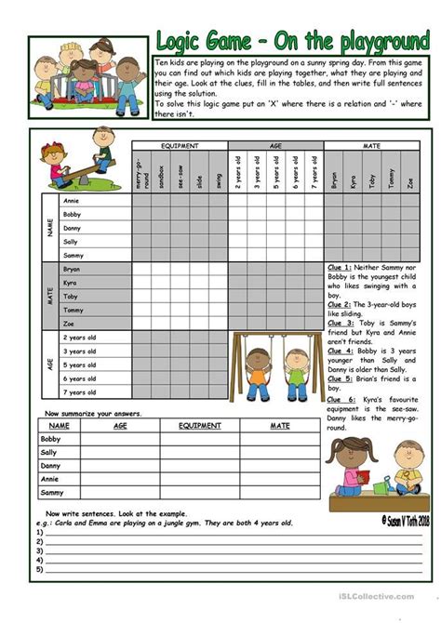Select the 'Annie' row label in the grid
pos(70,200)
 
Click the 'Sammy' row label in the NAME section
pos(73,255)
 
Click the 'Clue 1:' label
pos(341,268)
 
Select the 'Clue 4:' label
pos(341,351)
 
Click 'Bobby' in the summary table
pos(49,438)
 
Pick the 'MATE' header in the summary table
pos(280,424)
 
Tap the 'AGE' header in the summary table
pos(120,424)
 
